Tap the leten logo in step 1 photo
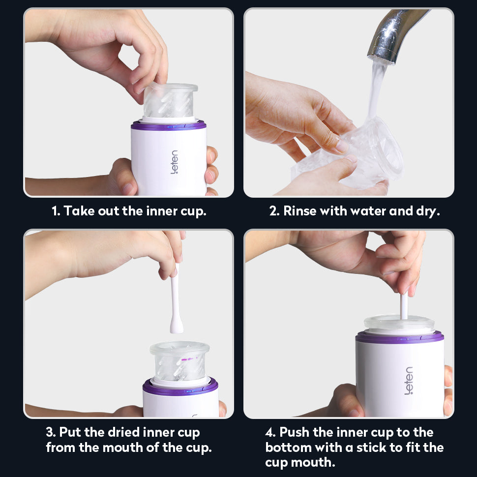[174, 162]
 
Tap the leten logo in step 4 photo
[409, 381]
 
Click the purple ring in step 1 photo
[169, 125]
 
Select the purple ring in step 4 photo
[399, 337]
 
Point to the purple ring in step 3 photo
[180, 387]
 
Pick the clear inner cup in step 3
[179, 361]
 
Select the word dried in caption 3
[123, 432]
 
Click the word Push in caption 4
[294, 432]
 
